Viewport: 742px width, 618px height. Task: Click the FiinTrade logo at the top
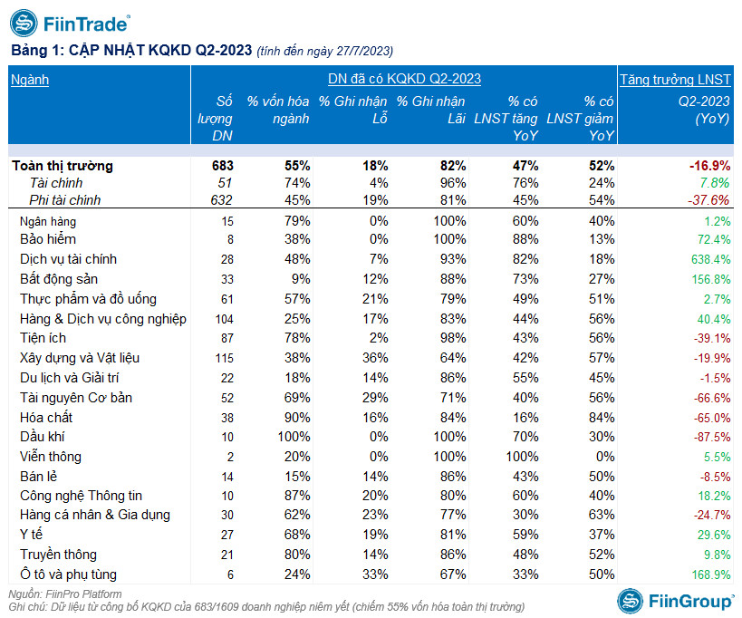point(70,22)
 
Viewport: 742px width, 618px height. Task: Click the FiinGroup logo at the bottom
point(677,600)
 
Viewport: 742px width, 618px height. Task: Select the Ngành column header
point(30,80)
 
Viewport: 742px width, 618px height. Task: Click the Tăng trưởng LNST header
point(675,80)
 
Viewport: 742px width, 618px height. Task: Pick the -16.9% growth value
point(708,166)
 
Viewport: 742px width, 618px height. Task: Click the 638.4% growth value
point(709,259)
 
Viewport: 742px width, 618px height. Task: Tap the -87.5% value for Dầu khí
point(709,437)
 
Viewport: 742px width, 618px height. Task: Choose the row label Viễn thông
point(51,457)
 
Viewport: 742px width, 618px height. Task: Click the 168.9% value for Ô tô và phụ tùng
point(709,575)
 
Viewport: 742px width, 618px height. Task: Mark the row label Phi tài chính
point(64,200)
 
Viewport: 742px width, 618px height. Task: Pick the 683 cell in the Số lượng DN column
point(222,166)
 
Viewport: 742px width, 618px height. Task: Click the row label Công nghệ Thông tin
point(81,496)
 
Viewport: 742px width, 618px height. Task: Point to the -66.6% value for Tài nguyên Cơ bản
point(709,398)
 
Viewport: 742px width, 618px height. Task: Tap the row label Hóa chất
point(46,418)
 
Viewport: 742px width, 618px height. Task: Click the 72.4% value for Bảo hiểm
point(712,240)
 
